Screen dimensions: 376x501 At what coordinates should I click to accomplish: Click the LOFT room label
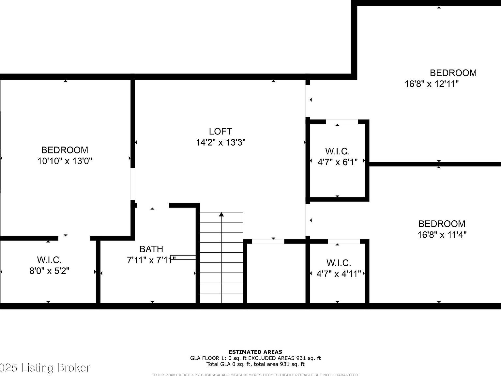coord(220,132)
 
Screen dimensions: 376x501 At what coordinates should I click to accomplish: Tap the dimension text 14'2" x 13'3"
coord(220,143)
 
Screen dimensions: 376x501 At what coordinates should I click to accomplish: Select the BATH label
coord(151,249)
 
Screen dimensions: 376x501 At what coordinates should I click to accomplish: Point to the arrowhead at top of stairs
coord(221,214)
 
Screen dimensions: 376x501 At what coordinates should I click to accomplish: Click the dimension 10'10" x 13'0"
coord(65,161)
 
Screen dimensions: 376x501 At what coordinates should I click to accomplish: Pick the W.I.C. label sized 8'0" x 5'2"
coord(49,260)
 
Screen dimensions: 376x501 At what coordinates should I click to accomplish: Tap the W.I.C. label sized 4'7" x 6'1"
coord(337,151)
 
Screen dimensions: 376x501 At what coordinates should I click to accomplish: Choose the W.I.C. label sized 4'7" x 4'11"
coord(339,263)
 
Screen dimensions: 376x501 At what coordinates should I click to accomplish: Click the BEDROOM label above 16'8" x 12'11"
coord(453,73)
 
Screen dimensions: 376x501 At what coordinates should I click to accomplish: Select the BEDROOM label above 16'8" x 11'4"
coord(442,224)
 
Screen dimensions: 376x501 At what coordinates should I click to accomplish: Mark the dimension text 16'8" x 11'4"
coord(442,235)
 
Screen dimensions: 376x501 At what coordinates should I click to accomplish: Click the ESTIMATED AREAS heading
coord(255,352)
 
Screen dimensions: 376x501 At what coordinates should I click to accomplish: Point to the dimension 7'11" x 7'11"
coord(151,260)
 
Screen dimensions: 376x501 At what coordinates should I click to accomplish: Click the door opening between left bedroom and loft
coord(133,184)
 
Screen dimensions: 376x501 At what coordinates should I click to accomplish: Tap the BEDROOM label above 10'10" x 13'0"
coord(65,150)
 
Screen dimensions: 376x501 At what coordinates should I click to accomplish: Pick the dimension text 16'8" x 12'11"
coord(432,84)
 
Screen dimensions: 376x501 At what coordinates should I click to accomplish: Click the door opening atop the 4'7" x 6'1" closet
coord(342,122)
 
